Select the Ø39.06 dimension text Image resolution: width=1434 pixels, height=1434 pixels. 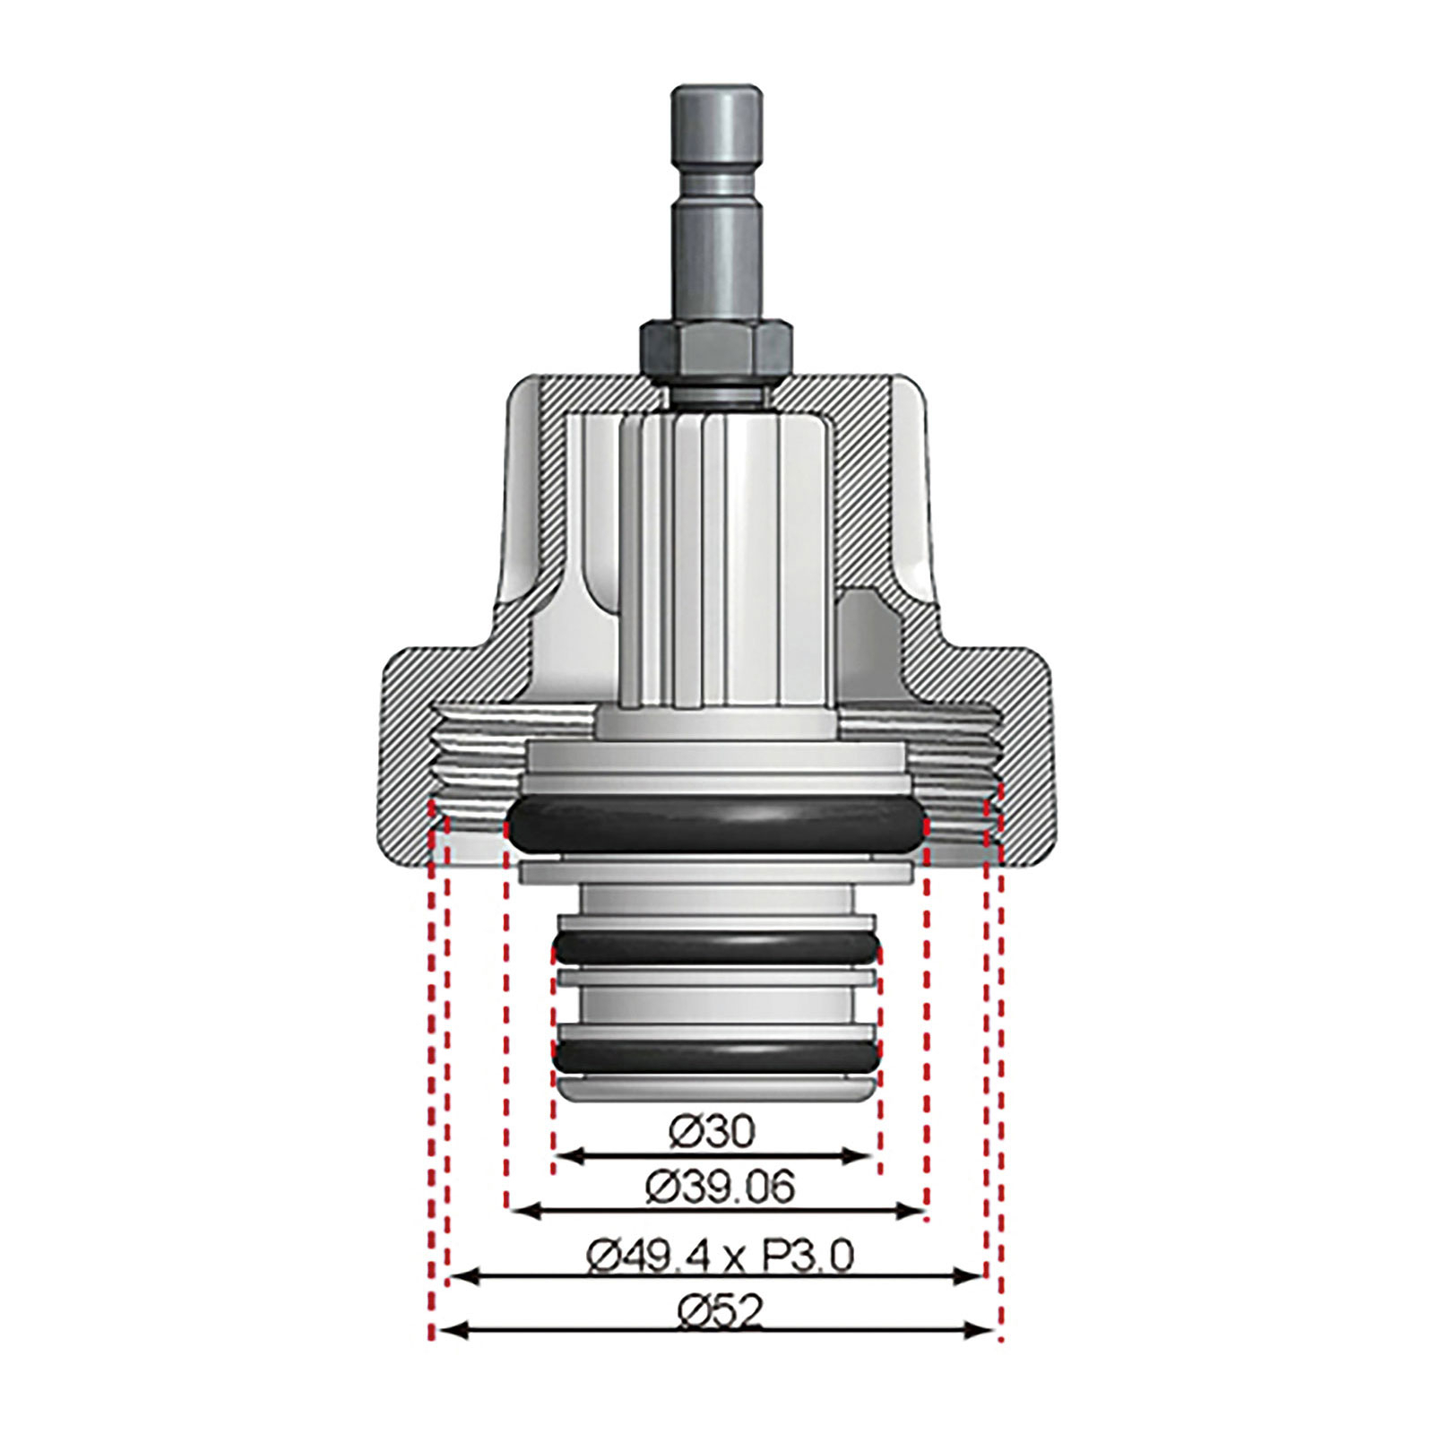point(721,1188)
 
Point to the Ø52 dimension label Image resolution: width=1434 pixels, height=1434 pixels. point(721,1313)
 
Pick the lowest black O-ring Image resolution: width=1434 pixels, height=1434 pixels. point(716,1057)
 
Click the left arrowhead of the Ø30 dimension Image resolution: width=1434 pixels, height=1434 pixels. point(566,1155)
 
